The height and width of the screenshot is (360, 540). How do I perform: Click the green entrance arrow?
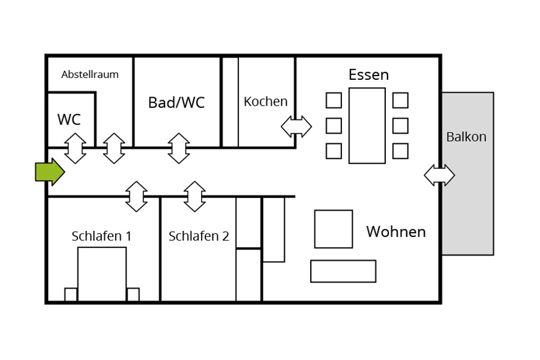coord(50,172)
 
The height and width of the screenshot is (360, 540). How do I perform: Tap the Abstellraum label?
coord(90,74)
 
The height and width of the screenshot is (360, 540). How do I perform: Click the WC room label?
coord(69,119)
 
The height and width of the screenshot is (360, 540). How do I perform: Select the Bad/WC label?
coord(176,103)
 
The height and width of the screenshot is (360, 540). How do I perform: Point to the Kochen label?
coord(266,101)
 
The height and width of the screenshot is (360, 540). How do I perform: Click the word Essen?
coord(368,75)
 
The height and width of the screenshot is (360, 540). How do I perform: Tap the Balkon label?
coord(466,137)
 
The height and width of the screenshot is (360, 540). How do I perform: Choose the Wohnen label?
coord(396,232)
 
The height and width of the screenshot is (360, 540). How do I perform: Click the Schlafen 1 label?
coord(101,236)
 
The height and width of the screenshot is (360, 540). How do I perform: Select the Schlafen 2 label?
coord(199,236)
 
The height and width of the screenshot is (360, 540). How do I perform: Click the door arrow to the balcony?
coord(439,175)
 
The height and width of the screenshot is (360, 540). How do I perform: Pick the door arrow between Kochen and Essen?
coord(296,127)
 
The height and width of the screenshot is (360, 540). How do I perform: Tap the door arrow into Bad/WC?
coord(179,148)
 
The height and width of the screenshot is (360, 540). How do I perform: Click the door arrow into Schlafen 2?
coord(194,196)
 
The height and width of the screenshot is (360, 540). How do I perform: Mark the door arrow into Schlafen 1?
coord(136,196)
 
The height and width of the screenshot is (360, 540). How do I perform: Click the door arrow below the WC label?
coord(75,148)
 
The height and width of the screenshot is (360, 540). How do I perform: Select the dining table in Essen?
coord(367,126)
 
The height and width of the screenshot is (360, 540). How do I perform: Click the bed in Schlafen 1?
coord(102,274)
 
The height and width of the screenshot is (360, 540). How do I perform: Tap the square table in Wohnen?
coord(334,229)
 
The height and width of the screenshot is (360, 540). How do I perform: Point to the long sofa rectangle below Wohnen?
coord(343,271)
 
